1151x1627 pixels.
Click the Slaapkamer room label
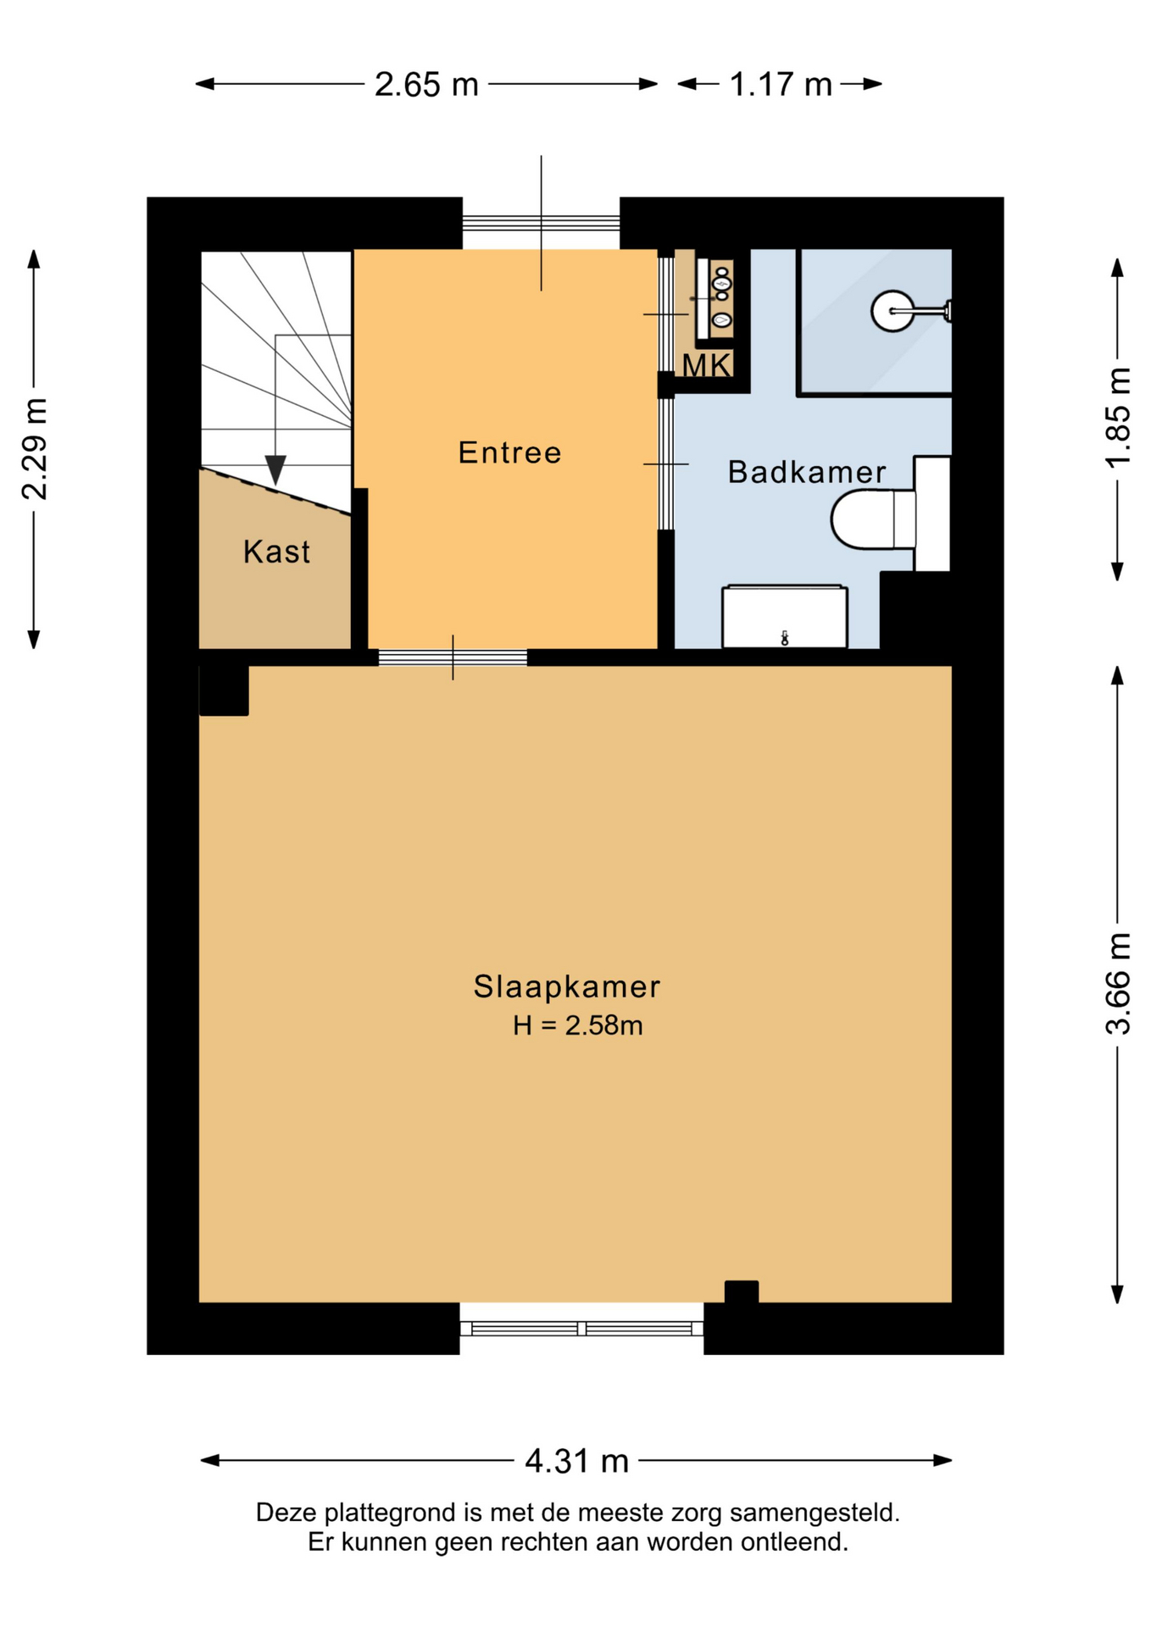[x=566, y=986]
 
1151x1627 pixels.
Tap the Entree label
[x=509, y=453]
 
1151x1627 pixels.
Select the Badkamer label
[x=807, y=472]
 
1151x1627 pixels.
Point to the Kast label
[x=276, y=552]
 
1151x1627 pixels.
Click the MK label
[x=707, y=365]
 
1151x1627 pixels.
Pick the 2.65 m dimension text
[x=426, y=85]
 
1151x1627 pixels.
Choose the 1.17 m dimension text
[x=781, y=85]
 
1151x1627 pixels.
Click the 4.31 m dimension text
[x=576, y=1460]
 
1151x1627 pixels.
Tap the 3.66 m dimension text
[x=1118, y=984]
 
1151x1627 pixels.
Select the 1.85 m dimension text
[x=1118, y=417]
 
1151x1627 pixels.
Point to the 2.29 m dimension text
[x=35, y=448]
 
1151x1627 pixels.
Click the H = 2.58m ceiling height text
[x=577, y=1025]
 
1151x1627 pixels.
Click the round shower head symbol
[x=892, y=311]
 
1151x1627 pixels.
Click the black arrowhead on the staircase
[x=275, y=469]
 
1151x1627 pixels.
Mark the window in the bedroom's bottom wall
[x=581, y=1328]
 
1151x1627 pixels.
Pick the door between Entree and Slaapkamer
[x=453, y=658]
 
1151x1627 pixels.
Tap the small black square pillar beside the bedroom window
[x=742, y=1291]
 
